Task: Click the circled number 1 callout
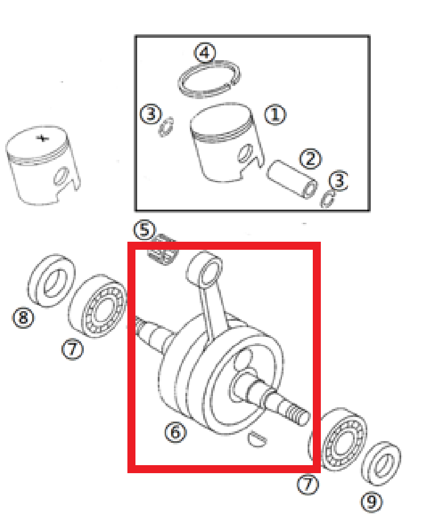pos(275,115)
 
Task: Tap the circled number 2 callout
pos(310,159)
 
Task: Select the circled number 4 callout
pos(205,53)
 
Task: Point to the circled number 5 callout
pos(145,230)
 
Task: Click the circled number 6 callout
pos(176,432)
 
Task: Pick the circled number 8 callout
pos(23,317)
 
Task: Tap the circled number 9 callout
pos(371,502)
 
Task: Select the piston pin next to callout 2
pos(292,179)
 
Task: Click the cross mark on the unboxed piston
pos(42,138)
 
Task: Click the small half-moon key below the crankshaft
pos(257,439)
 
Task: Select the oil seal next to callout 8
pos(51,281)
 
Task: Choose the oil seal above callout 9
pos(381,463)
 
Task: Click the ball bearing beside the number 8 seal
pos(98,306)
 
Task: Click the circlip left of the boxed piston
pos(166,127)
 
